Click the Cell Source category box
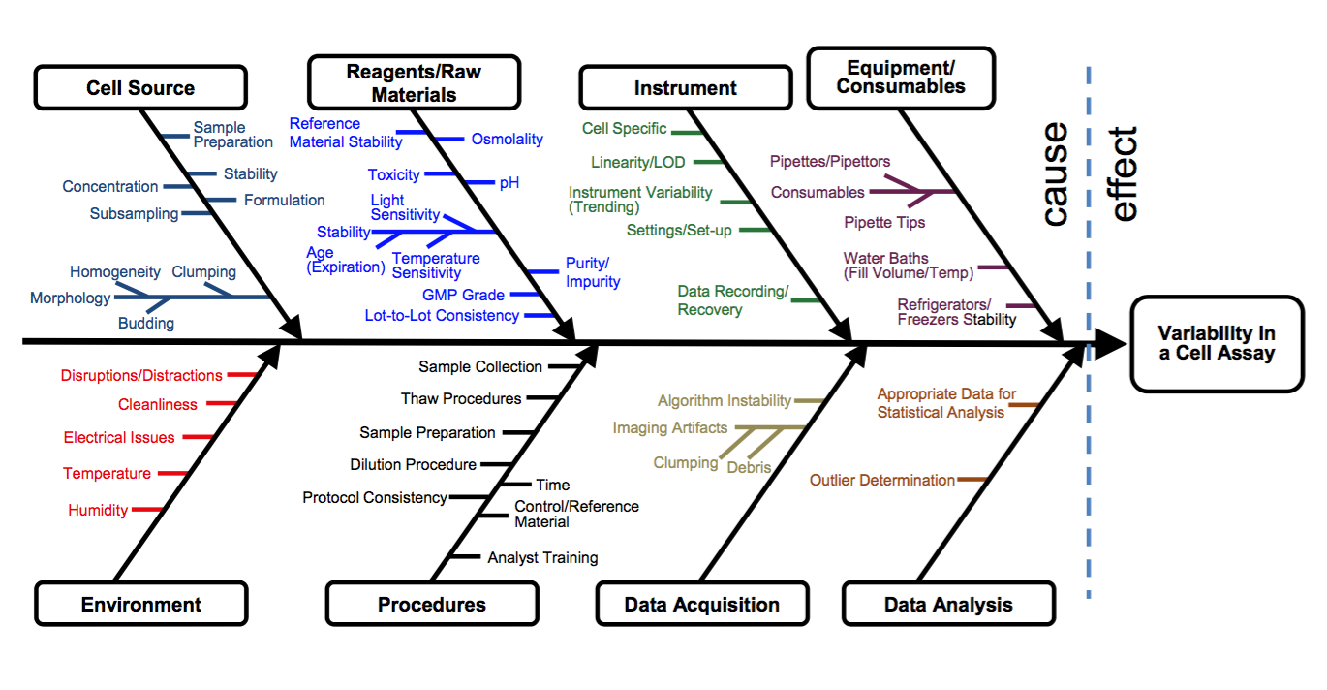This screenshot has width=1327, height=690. point(140,88)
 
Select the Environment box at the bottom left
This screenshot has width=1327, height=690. point(141,605)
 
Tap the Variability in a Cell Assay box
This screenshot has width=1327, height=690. point(1217,343)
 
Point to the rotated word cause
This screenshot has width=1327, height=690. point(1054,174)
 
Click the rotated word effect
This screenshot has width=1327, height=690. point(1124,174)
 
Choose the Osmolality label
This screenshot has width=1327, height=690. point(507,140)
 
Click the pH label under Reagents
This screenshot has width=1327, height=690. point(509,182)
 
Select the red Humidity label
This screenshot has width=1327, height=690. point(98,510)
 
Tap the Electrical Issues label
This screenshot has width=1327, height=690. point(119,438)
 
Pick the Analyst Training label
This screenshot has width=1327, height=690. point(542,558)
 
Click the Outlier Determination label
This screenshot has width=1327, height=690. point(881,480)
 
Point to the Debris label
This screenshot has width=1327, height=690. point(749,467)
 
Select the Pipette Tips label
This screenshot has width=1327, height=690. point(884,223)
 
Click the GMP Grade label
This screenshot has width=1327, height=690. point(463,295)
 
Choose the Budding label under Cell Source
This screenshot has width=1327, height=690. point(146,324)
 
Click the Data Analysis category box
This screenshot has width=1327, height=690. point(948,605)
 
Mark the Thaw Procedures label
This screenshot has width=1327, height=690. point(461,399)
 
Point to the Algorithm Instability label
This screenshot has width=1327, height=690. point(724,401)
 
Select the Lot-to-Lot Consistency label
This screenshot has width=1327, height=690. point(442,316)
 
